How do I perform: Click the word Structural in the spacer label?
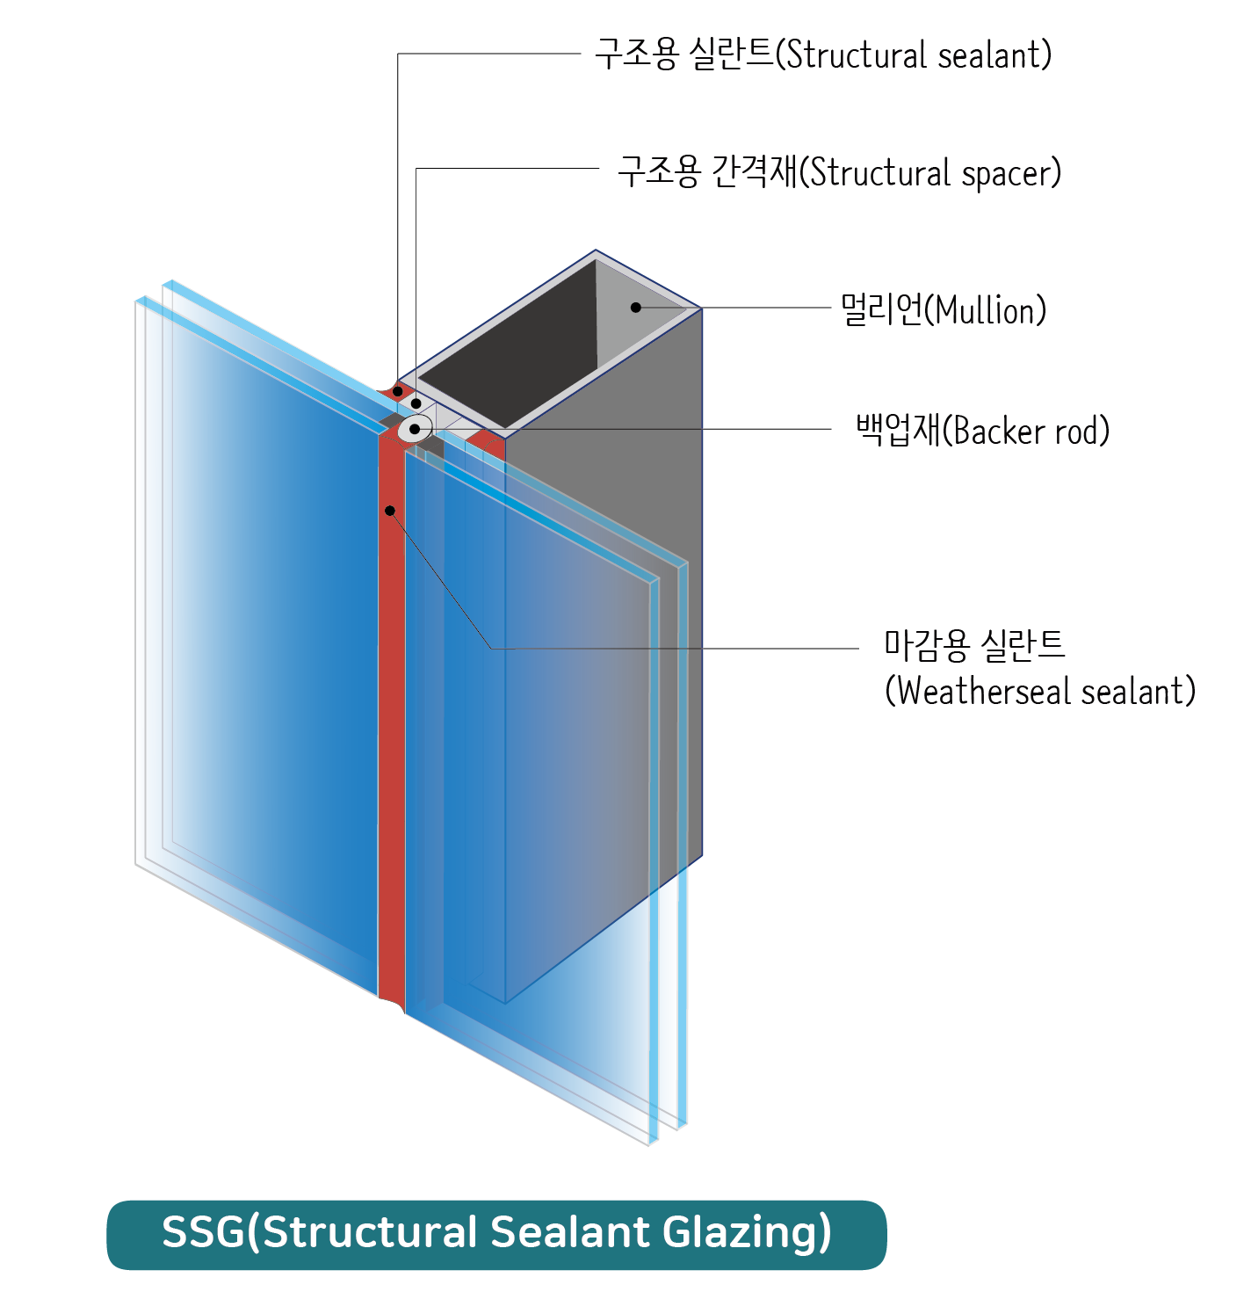point(879,172)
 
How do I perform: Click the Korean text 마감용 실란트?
point(974,645)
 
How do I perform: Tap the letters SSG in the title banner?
point(203,1232)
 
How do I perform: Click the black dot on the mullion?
point(635,308)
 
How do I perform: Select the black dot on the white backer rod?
point(414,430)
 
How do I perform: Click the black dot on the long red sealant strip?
point(390,511)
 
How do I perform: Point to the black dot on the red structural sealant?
point(398,391)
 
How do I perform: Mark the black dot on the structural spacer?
point(416,404)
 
